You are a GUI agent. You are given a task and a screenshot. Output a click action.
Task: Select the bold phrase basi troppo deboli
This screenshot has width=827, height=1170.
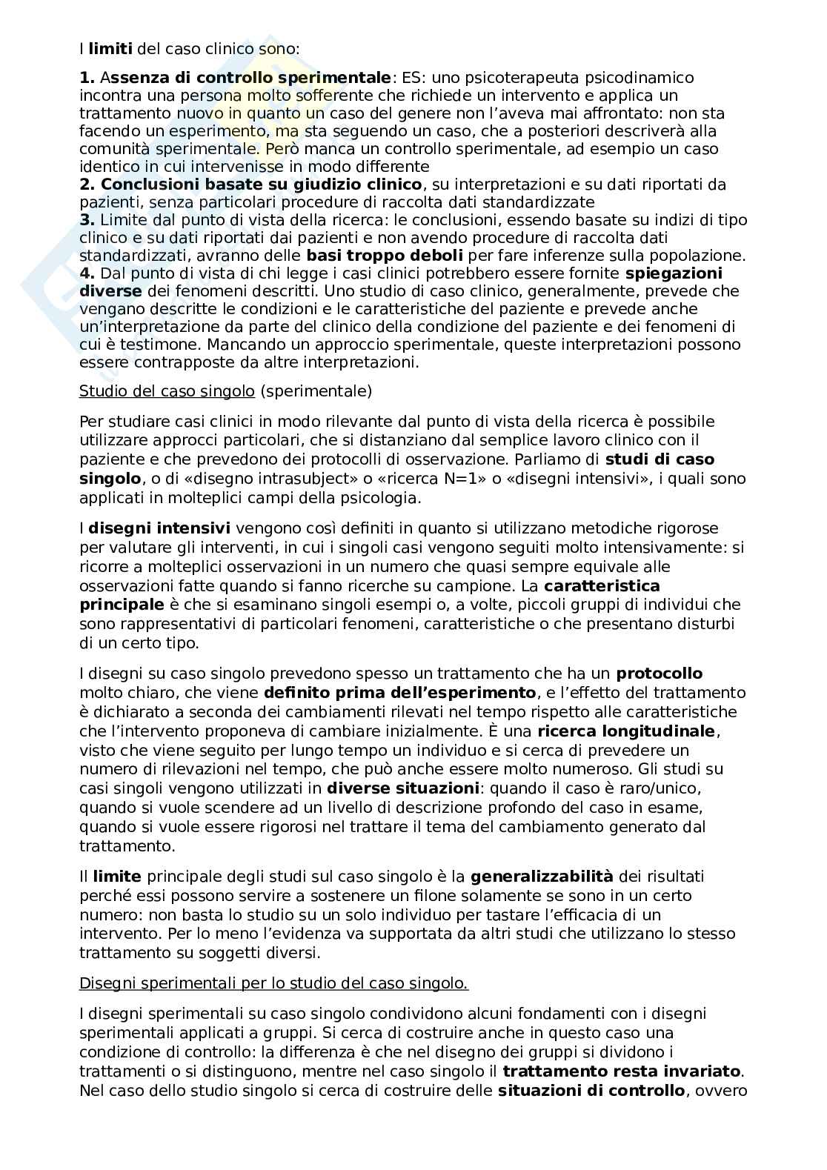click(x=385, y=255)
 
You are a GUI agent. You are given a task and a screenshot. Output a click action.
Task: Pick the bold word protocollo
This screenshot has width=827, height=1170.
click(x=660, y=674)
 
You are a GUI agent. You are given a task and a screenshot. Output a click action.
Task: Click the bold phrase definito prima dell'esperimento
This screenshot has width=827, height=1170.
click(x=399, y=693)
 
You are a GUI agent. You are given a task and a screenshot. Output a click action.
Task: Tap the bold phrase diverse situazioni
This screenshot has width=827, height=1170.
click(x=403, y=788)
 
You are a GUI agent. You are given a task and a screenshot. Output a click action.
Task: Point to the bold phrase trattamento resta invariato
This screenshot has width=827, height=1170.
click(x=622, y=1071)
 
